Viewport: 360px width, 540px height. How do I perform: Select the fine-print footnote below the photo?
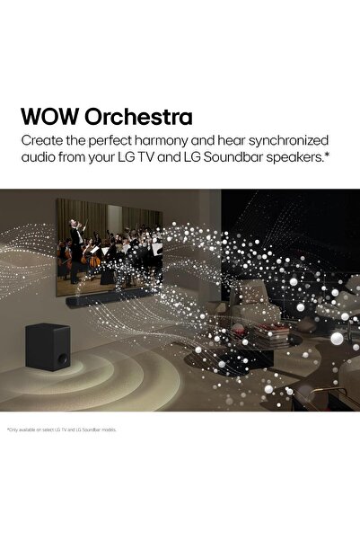(x=62, y=429)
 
